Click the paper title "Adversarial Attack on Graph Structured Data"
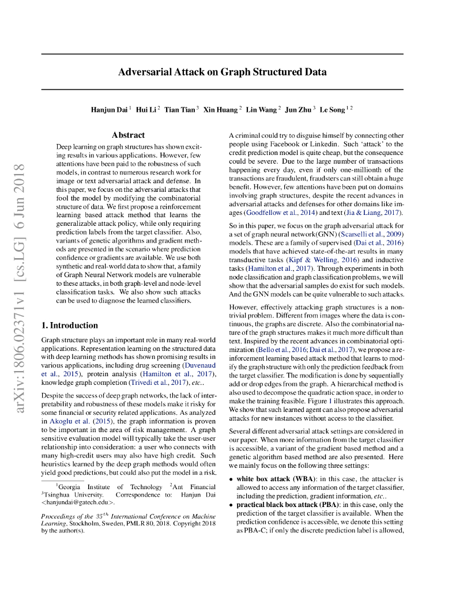(x=222, y=72)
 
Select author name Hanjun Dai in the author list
(x=109, y=109)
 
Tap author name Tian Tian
(x=180, y=109)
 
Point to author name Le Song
(x=333, y=109)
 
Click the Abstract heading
(x=128, y=135)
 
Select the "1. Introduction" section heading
(x=70, y=326)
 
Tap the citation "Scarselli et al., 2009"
(x=371, y=235)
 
